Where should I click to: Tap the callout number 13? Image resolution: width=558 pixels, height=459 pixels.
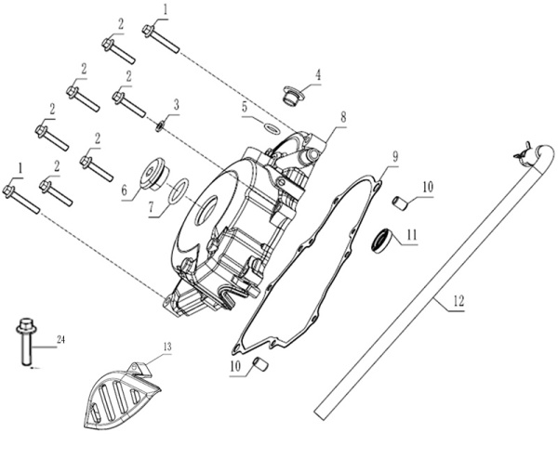coord(167,348)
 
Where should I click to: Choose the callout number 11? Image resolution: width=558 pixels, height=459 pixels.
coord(411,235)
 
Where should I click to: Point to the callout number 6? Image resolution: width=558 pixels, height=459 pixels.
coord(123,189)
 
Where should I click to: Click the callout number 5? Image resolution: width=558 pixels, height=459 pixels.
coord(245,107)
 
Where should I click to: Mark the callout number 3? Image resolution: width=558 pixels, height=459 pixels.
coord(176,106)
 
